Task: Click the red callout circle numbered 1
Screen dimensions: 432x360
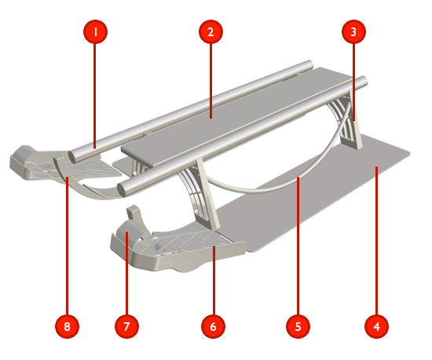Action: [x=95, y=31]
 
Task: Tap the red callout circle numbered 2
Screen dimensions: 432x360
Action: [x=211, y=31]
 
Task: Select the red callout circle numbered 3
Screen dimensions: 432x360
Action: [x=353, y=31]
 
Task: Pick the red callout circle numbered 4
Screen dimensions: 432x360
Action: [x=376, y=326]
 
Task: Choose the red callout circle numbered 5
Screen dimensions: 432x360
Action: [x=298, y=326]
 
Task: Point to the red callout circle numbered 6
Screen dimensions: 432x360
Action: [x=213, y=326]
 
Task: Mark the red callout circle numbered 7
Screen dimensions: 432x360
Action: [x=126, y=326]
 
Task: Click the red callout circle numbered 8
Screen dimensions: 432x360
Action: [x=68, y=326]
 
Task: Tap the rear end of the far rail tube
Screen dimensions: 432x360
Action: [x=310, y=65]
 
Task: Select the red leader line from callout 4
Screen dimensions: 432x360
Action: [x=376, y=241]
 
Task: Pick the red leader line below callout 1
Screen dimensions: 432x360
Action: [x=95, y=96]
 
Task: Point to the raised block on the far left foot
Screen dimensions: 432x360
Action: [x=23, y=153]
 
